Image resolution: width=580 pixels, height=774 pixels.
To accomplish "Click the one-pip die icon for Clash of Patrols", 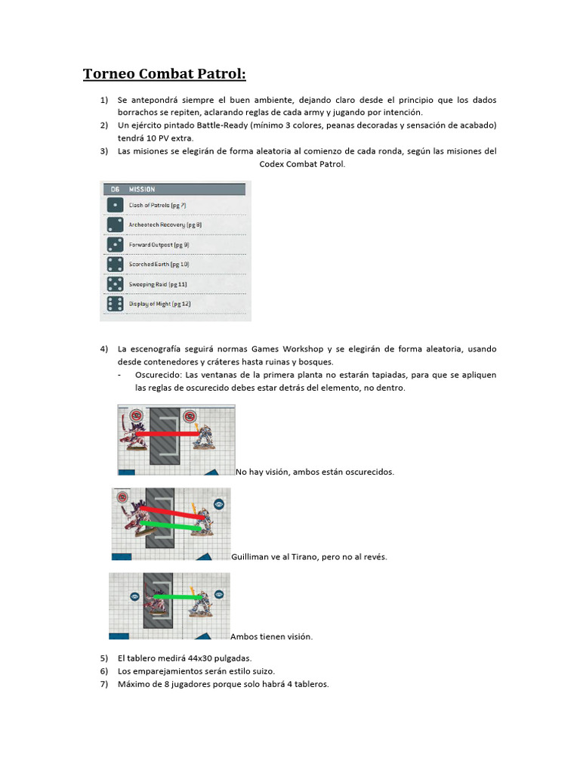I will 115,205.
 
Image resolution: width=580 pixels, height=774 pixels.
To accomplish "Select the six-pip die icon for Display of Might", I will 115,303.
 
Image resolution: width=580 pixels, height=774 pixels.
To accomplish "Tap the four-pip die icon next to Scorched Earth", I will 115,264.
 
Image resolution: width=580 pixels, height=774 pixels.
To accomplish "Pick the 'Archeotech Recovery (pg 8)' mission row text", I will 165,224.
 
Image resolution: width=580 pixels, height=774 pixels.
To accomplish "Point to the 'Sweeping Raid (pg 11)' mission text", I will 158,283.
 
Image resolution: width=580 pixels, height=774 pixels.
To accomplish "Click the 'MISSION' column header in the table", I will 142,189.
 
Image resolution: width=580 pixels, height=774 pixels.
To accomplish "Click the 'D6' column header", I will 115,189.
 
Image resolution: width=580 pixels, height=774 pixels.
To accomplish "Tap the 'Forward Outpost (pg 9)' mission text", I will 159,244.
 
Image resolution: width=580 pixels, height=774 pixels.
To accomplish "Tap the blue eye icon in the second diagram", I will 219,503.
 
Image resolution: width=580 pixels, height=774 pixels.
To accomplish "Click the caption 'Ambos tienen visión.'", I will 272,636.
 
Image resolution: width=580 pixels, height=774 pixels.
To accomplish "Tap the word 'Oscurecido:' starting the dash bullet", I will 159,375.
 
